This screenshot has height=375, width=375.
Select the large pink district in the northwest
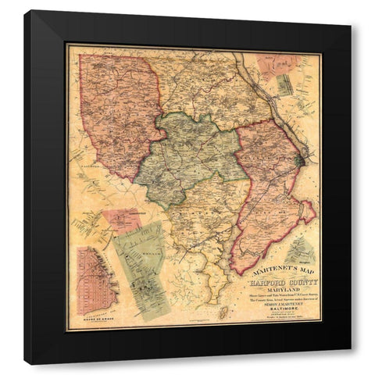click(x=117, y=109)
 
